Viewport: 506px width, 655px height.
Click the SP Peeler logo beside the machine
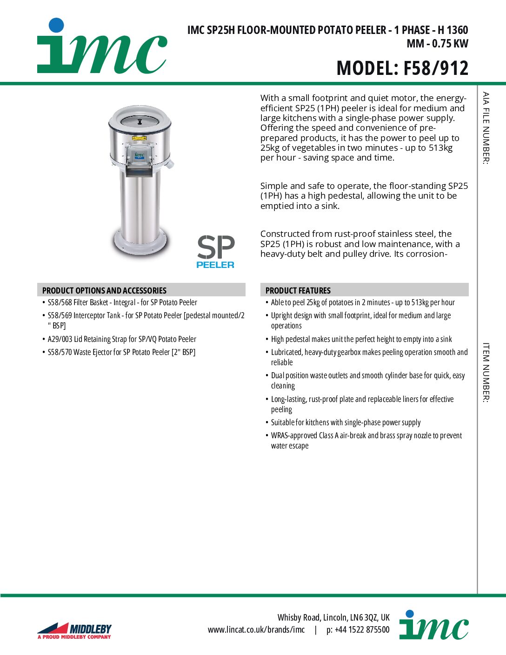pyautogui.click(x=215, y=252)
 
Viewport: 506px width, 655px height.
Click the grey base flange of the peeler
pyautogui.click(x=140, y=244)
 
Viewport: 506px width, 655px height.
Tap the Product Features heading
pyautogui.click(x=298, y=290)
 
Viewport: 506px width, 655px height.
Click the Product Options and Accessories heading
pyautogui.click(x=104, y=290)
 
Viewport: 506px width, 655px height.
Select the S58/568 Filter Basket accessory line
pyautogui.click(x=122, y=302)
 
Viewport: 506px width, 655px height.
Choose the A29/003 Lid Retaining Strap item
pyautogui.click(x=122, y=339)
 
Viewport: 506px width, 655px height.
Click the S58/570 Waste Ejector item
pyautogui.click(x=121, y=352)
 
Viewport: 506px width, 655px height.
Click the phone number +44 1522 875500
pyautogui.click(x=358, y=630)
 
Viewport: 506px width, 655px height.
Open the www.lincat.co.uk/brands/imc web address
pyautogui.click(x=256, y=630)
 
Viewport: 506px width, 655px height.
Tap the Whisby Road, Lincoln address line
pyautogui.click(x=333, y=617)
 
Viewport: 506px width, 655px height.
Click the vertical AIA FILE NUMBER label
pyautogui.click(x=486, y=128)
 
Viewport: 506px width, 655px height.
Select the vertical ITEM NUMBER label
pyautogui.click(x=486, y=372)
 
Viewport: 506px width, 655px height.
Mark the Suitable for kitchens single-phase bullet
pyautogui.click(x=346, y=422)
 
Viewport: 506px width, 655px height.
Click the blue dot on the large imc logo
pyautogui.click(x=56, y=25)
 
